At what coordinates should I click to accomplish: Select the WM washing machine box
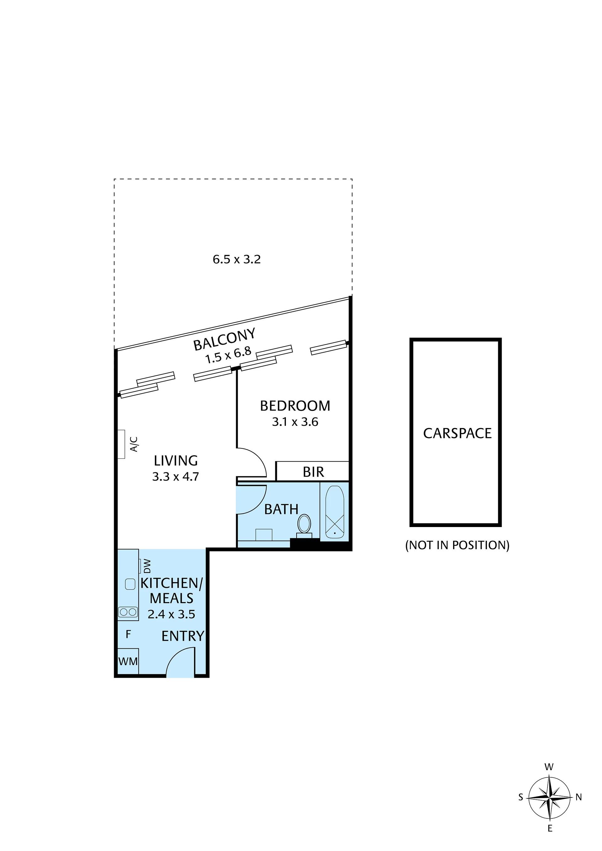coord(128,661)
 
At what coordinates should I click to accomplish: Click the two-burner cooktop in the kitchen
coord(128,612)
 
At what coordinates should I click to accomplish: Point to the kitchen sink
coord(130,584)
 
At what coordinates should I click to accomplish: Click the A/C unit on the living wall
coord(121,444)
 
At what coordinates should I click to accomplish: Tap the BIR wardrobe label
coord(314,472)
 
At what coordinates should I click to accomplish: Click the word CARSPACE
coord(457,433)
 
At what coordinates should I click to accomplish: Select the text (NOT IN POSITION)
coord(457,545)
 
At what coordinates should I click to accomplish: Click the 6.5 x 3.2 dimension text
coord(237,259)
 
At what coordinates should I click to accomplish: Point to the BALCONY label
coord(224,339)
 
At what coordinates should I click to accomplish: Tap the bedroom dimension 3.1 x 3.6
coord(295,422)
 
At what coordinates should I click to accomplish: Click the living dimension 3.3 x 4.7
coord(176,476)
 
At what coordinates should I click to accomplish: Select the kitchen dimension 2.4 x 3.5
coord(172,614)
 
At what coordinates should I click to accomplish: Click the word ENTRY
coord(183,636)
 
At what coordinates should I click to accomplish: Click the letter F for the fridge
coord(128,634)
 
